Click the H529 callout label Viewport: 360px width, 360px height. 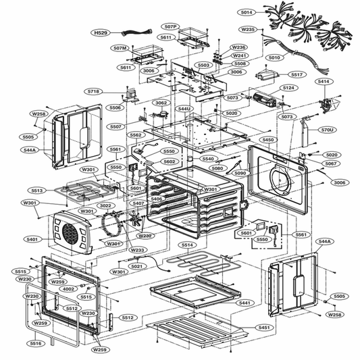tap(101, 32)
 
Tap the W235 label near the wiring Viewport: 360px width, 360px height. tap(249, 30)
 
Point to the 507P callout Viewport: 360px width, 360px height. tap(170, 27)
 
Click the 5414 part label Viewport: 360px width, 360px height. tap(324, 81)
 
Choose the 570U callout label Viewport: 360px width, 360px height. tap(328, 129)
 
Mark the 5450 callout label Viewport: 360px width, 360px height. tap(268, 140)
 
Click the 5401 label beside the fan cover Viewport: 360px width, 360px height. tap(31, 239)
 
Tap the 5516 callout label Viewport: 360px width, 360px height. tap(35, 344)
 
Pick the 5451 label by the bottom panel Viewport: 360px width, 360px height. tap(263, 327)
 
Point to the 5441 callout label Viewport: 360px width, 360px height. tap(245, 303)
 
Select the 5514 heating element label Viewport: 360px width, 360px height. tap(186, 245)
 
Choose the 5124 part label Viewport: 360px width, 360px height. tap(288, 88)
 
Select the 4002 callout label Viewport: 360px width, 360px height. tap(68, 289)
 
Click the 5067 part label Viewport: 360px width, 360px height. tap(331, 163)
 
